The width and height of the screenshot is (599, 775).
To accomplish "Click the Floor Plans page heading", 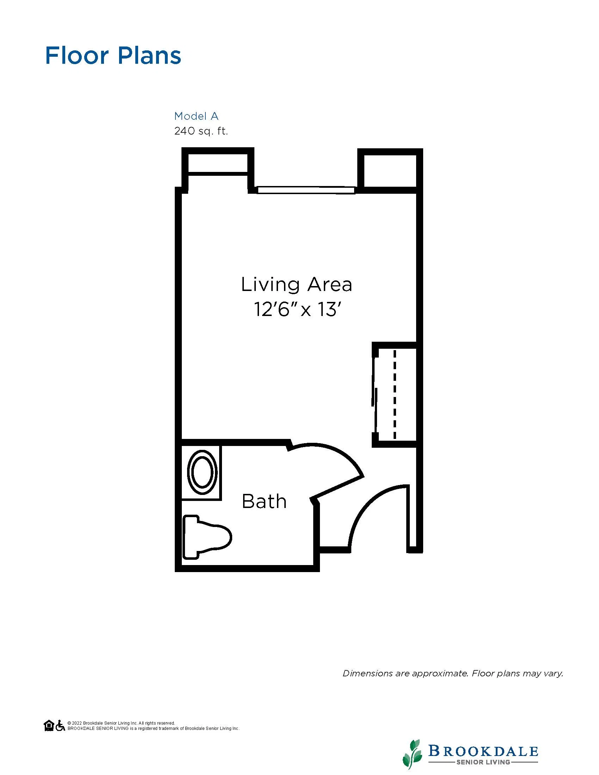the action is pos(113,55).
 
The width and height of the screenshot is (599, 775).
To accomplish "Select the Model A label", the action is pos(196,116).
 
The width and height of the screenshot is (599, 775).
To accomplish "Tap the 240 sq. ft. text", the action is pos(201,131).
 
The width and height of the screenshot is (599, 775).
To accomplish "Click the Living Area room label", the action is pos(296,285).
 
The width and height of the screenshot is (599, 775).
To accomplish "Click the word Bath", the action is pos(264,501).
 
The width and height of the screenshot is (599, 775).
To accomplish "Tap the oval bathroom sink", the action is pos(203,472).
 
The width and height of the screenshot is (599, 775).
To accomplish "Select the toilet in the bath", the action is pos(207,538).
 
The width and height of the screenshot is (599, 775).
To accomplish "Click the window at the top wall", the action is pos(306,190).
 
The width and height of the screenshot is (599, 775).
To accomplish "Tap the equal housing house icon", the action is pos(49,726).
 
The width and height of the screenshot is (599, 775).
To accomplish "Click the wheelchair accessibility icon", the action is pos(60,726).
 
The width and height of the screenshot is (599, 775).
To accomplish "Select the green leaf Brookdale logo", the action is pos(412,754).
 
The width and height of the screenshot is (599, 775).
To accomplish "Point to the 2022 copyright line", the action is pos(121,723).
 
